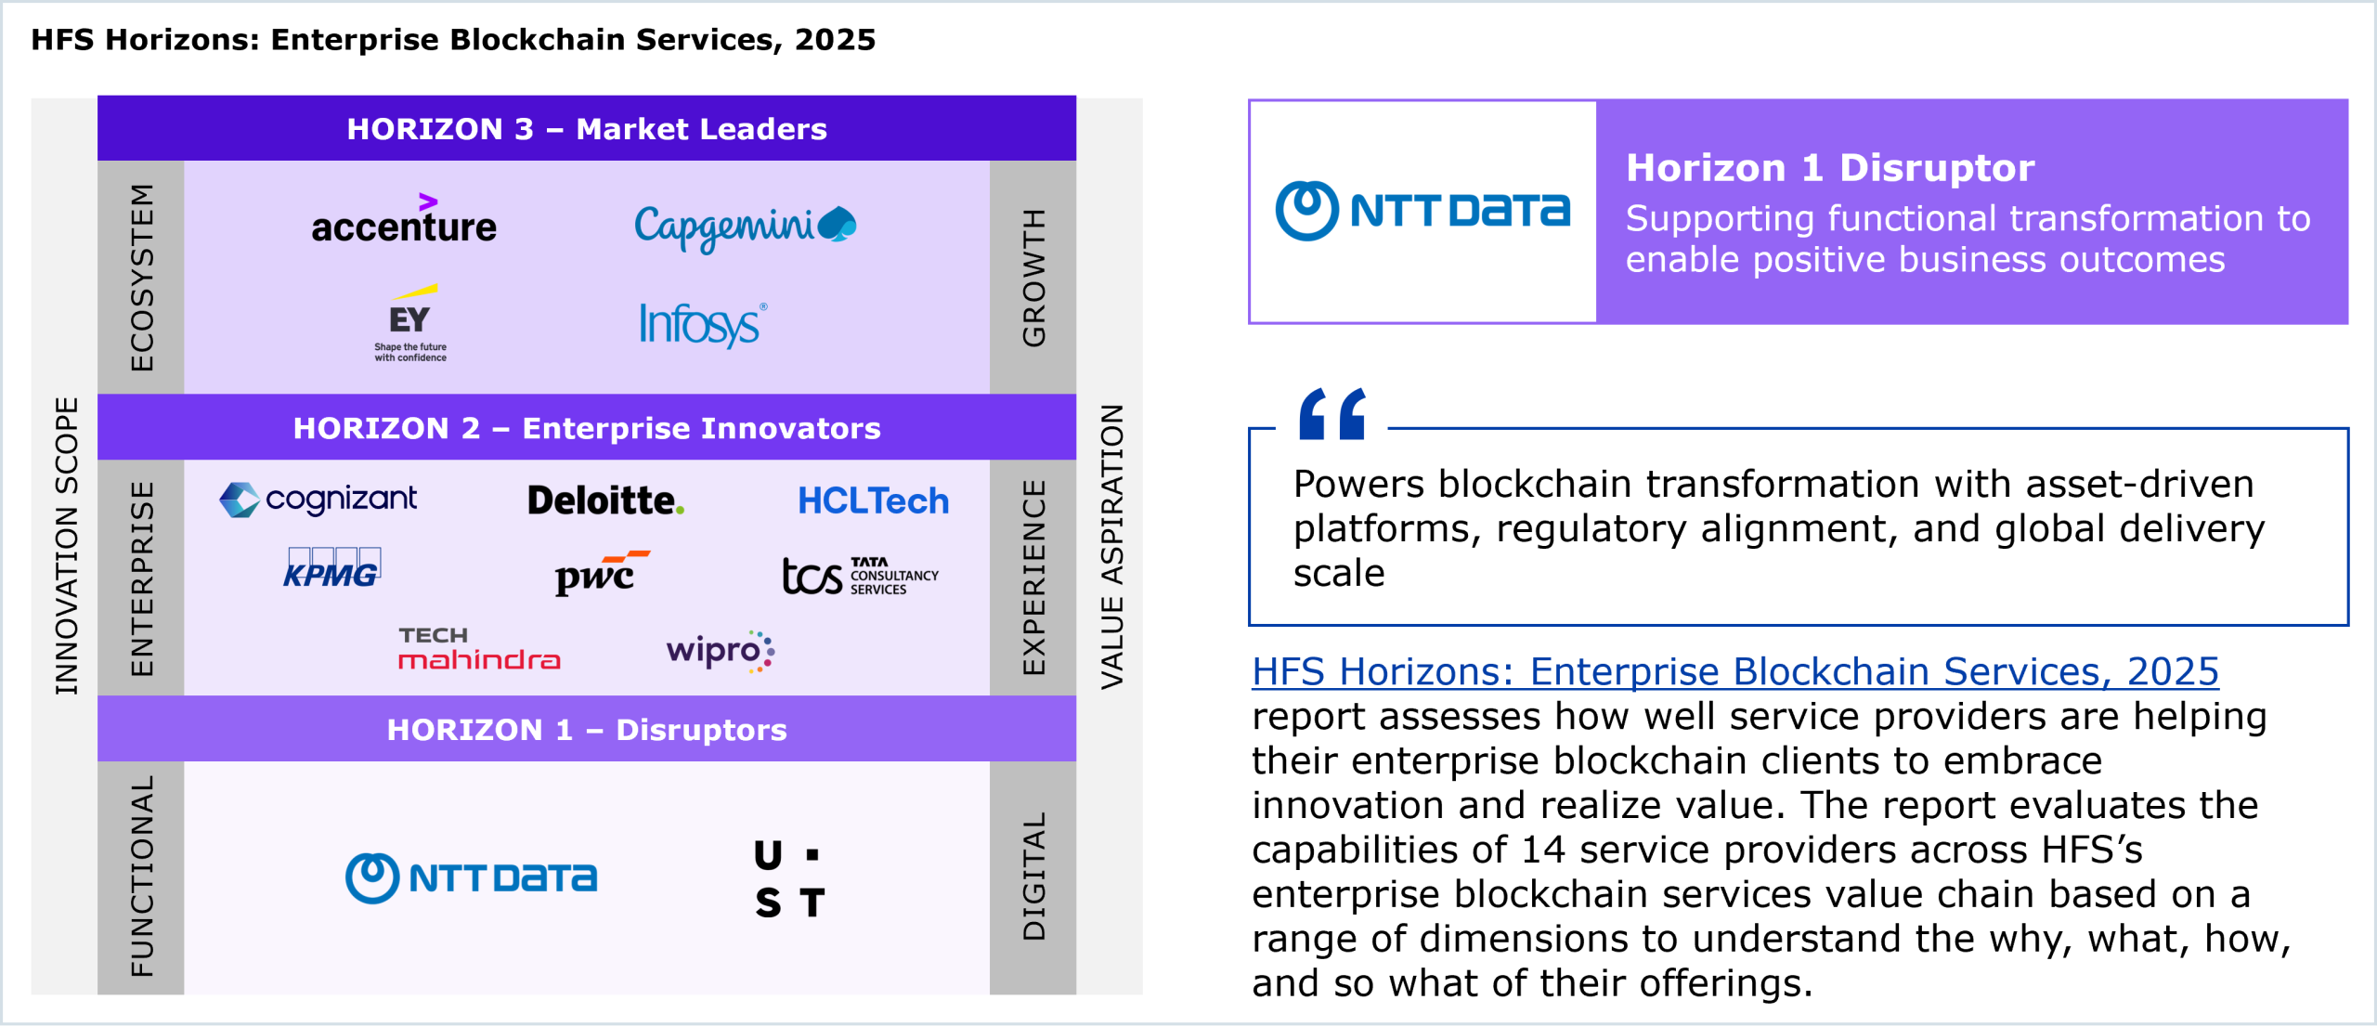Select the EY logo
coord(410,323)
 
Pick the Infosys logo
coord(703,324)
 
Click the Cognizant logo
coord(318,500)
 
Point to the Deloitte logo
coord(605,500)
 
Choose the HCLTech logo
coord(873,501)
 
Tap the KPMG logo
coord(331,568)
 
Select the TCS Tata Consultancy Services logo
coord(860,576)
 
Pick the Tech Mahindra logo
coord(479,648)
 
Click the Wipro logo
coord(721,650)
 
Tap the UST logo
coord(789,878)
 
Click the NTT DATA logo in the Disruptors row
coord(471,877)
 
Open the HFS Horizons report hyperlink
coord(1734,671)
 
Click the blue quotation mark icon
coord(1332,413)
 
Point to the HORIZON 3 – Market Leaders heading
coord(587,128)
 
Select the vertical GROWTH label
coord(1033,278)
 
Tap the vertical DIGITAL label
coord(1033,877)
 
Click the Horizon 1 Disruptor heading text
coord(1830,168)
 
